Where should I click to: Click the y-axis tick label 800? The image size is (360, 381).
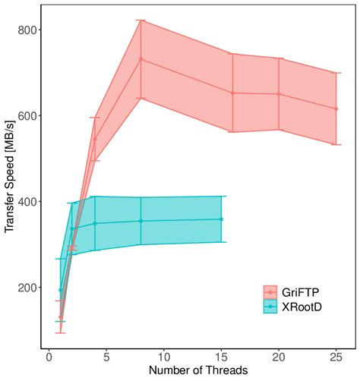29,30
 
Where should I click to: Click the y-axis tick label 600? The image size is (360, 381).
29,116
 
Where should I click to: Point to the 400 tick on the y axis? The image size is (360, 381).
29,202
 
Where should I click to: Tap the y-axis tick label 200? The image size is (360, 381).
29,288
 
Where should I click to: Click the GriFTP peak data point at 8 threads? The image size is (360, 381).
141,59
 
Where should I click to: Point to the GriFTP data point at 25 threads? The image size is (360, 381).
336,109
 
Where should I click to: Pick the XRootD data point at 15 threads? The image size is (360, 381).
221,219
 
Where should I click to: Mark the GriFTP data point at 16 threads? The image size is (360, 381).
232,93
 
